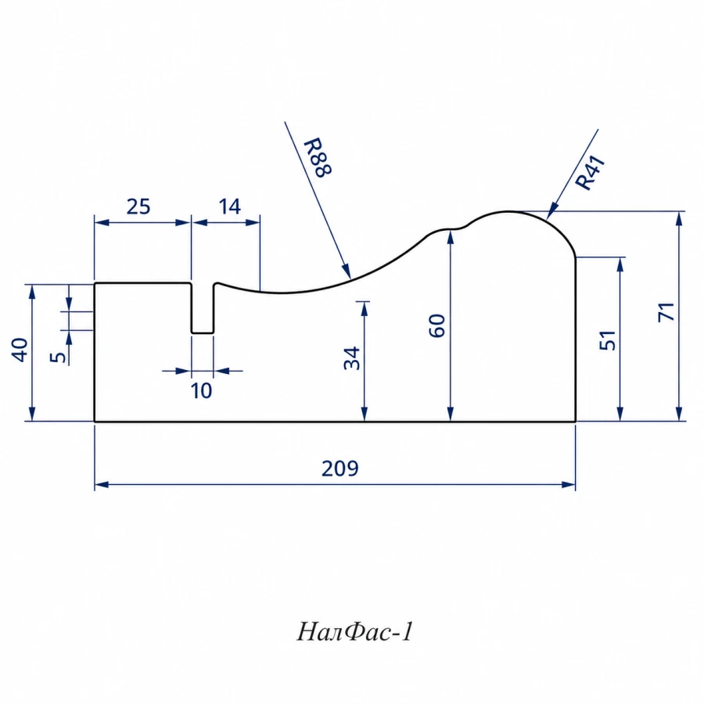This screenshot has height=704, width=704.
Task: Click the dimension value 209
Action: pyautogui.click(x=340, y=469)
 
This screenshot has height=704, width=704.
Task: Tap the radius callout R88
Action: pyautogui.click(x=318, y=157)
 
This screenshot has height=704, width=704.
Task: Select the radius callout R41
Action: pyautogui.click(x=591, y=173)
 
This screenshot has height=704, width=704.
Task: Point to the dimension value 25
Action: pyautogui.click(x=138, y=207)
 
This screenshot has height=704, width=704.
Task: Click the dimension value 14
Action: pyautogui.click(x=229, y=207)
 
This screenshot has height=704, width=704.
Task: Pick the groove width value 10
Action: pyautogui.click(x=201, y=391)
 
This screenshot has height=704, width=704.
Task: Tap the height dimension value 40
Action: pyautogui.click(x=20, y=350)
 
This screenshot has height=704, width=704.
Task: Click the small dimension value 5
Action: pyautogui.click(x=58, y=357)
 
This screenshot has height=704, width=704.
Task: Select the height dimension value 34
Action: pyautogui.click(x=352, y=357)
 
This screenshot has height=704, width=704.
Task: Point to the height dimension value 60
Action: pyautogui.click(x=437, y=325)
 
